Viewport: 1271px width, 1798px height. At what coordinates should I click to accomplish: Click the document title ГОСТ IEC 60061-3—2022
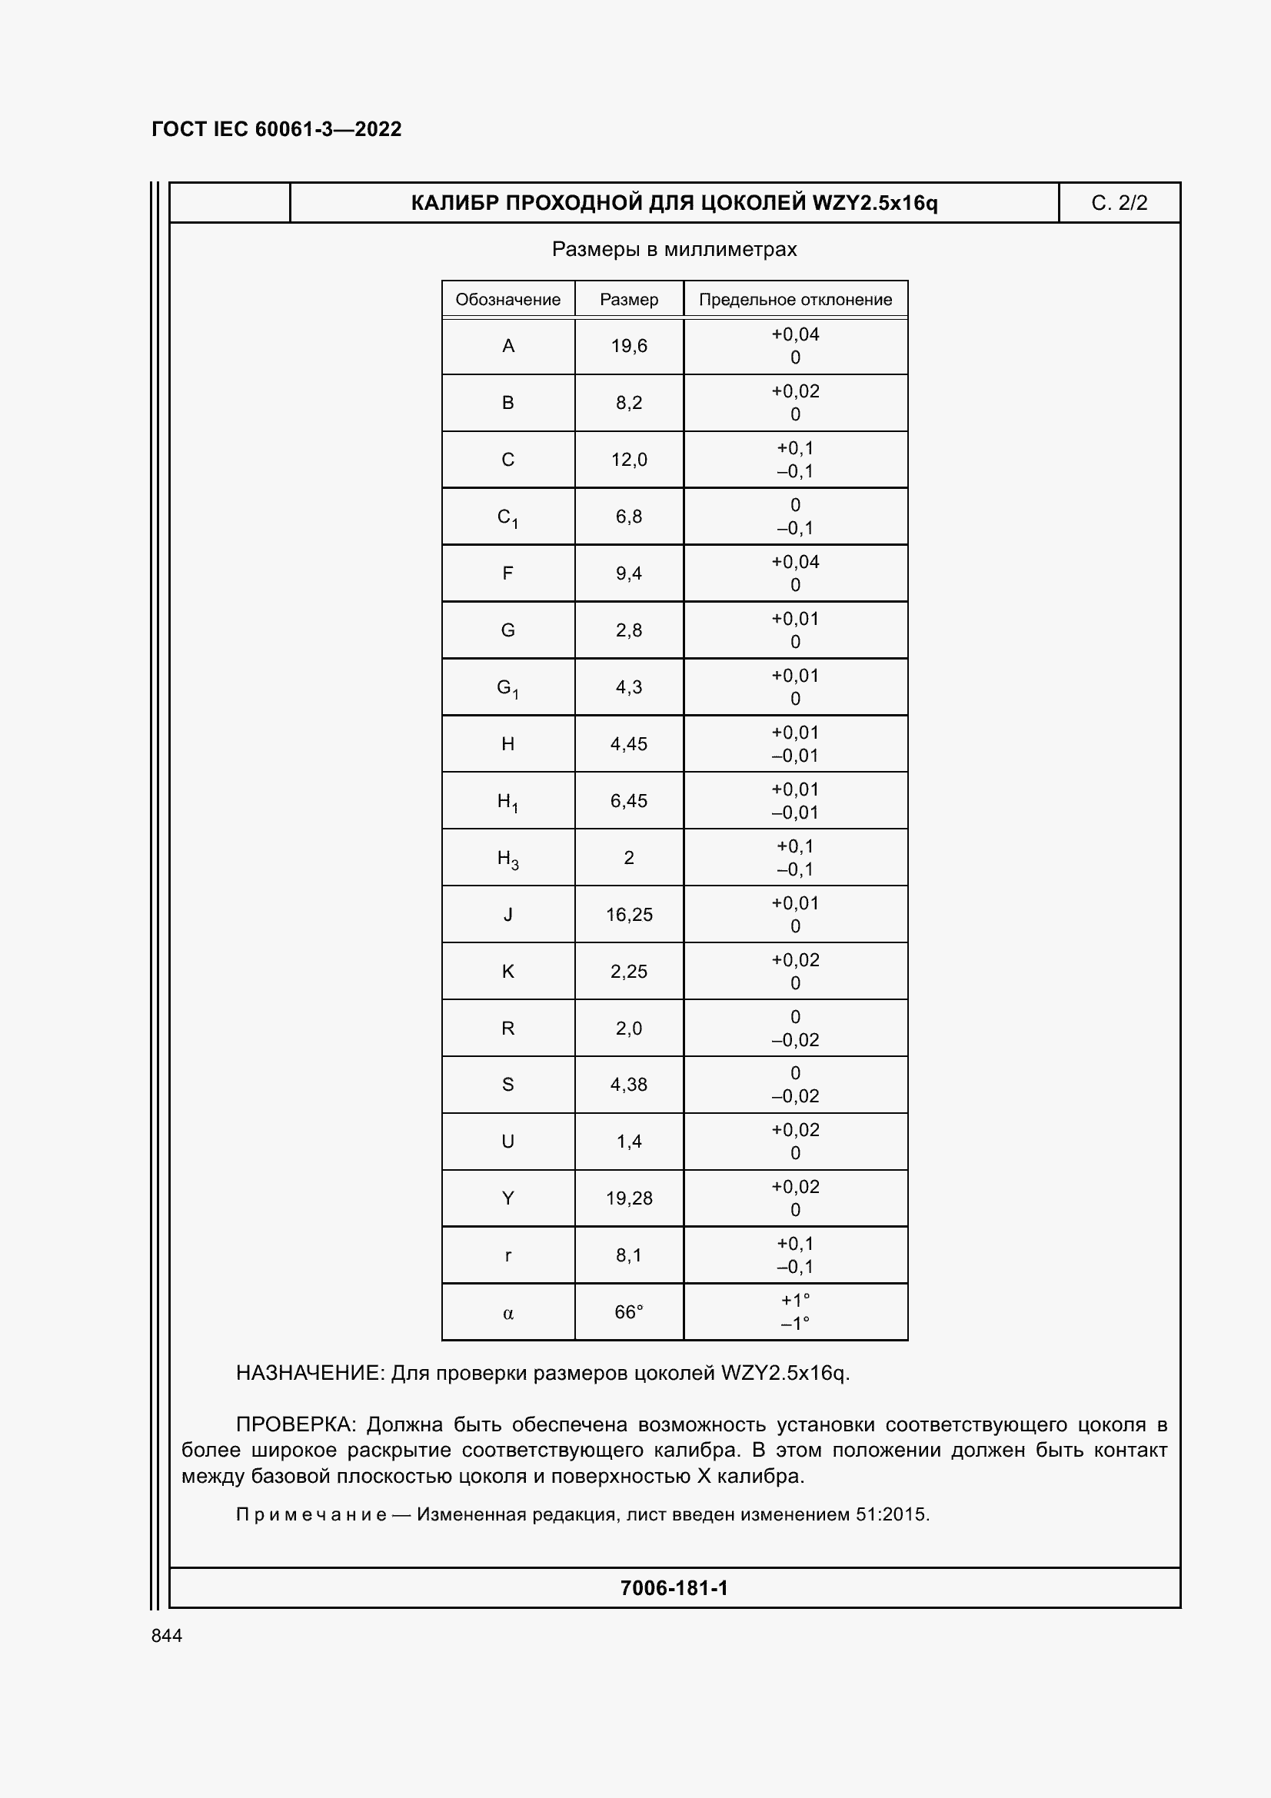click(x=277, y=129)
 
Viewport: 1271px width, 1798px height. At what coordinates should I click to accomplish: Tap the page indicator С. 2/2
click(x=1119, y=203)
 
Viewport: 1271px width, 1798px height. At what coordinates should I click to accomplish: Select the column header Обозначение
click(x=507, y=299)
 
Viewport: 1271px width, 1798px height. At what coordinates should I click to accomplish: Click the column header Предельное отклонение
click(x=795, y=299)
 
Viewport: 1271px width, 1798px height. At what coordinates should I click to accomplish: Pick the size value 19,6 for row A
click(x=629, y=346)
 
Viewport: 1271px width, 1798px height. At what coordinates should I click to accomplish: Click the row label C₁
click(x=507, y=517)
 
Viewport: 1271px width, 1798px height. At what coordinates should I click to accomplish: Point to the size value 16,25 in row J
click(x=629, y=915)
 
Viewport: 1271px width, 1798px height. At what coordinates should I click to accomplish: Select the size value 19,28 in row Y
click(x=629, y=1198)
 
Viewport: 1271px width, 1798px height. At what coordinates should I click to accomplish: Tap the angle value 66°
click(x=629, y=1311)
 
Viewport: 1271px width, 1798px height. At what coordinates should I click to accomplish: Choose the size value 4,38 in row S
click(x=629, y=1085)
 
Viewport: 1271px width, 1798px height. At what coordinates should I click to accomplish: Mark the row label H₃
click(x=507, y=859)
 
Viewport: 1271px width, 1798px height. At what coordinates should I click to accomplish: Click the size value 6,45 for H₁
click(x=629, y=801)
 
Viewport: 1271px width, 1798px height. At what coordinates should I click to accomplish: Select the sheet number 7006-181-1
click(x=674, y=1588)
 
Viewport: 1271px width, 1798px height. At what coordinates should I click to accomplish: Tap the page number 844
click(x=167, y=1636)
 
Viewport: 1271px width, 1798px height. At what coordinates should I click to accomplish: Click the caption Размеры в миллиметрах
click(x=674, y=249)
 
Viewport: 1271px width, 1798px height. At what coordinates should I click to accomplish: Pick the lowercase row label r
click(x=507, y=1256)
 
